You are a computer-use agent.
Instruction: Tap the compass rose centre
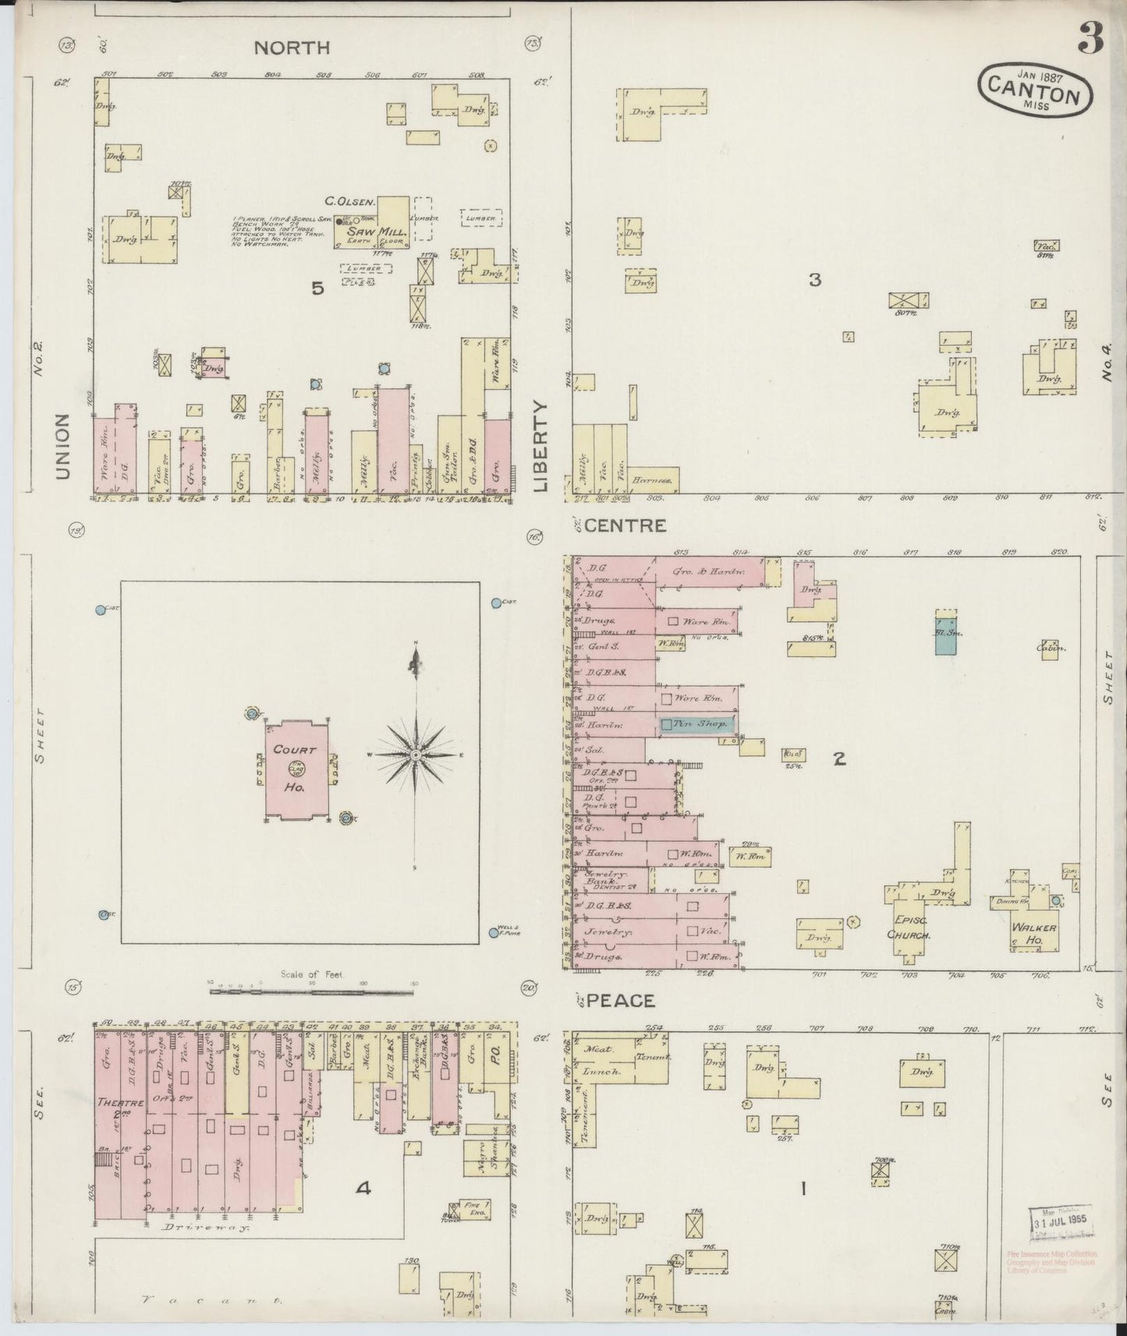(x=416, y=755)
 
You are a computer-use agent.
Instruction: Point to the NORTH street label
(x=292, y=48)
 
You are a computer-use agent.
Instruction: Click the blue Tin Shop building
(x=696, y=724)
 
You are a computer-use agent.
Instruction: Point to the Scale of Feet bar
(x=311, y=991)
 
